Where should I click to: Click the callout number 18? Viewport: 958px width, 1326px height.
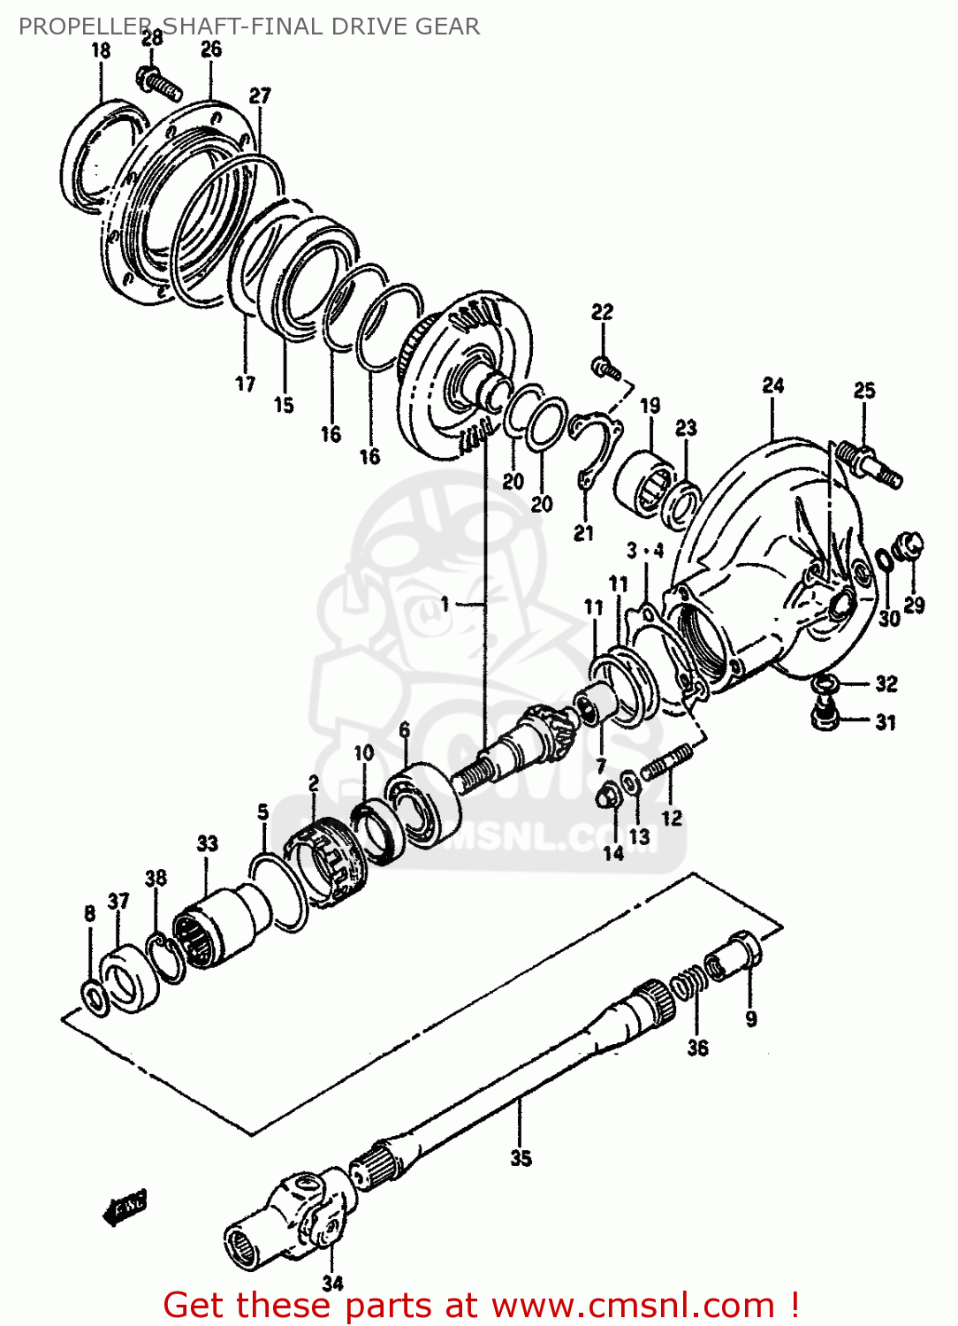tap(101, 50)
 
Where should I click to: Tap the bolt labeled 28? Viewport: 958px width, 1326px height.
tap(160, 84)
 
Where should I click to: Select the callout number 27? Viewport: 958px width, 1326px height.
tap(260, 95)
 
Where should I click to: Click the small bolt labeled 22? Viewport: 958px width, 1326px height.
tap(605, 366)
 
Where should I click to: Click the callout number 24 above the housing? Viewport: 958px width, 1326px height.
tap(773, 385)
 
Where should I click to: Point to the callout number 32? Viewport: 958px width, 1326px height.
tap(886, 683)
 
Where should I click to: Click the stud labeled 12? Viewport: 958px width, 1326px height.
tap(666, 763)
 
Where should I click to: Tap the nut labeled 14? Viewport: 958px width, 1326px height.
tap(609, 796)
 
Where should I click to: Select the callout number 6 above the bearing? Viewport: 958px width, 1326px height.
tap(404, 729)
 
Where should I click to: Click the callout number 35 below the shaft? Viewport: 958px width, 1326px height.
tap(521, 1158)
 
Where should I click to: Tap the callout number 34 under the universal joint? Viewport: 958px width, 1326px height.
tap(332, 1284)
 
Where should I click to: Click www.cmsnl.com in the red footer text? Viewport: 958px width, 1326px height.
tap(633, 1306)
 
